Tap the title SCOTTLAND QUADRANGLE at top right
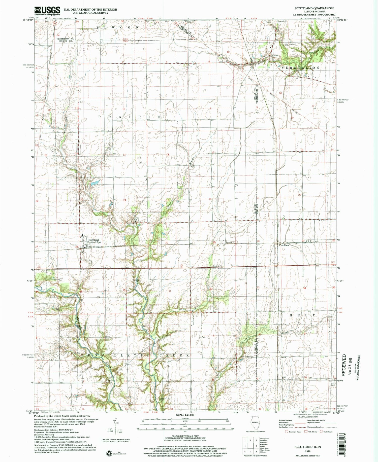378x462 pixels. point(314,8)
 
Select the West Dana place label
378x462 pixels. point(283,245)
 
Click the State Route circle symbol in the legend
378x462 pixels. point(321,438)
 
